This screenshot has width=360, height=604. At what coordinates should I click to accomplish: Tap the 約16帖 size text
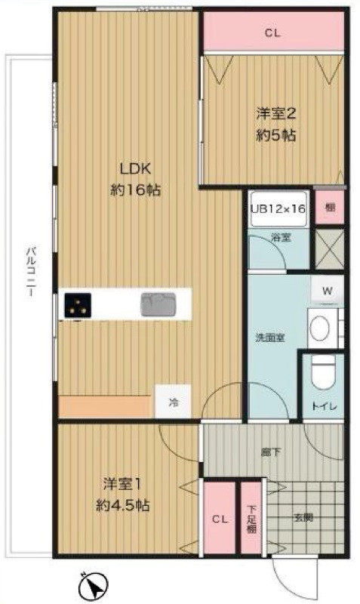(134, 190)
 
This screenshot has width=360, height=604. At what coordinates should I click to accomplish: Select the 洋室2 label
(275, 115)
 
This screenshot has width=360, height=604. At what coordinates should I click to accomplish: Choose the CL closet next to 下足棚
(219, 519)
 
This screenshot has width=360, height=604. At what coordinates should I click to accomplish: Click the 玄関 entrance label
(301, 518)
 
